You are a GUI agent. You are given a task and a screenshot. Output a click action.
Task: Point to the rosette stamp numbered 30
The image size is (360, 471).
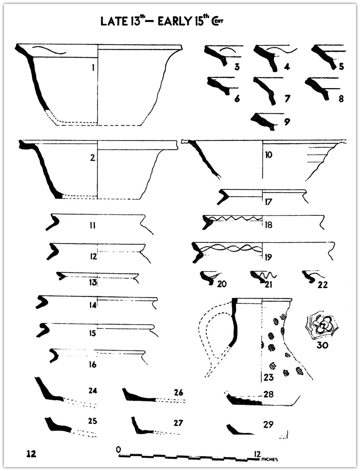pyautogui.click(x=322, y=325)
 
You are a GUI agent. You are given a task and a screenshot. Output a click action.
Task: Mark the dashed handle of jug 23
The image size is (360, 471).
pyautogui.click(x=212, y=336)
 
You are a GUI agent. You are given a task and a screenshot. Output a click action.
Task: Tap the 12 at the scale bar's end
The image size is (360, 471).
pyautogui.click(x=257, y=454)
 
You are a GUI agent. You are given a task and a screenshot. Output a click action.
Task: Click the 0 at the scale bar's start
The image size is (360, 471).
pyautogui.click(x=118, y=449)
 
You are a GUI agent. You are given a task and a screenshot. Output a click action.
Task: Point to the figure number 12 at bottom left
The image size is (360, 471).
pyautogui.click(x=31, y=454)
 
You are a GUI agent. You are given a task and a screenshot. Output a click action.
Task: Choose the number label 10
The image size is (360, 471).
pyautogui.click(x=268, y=154)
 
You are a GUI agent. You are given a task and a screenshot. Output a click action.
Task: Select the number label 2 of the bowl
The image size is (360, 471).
pyautogui.click(x=92, y=158)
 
